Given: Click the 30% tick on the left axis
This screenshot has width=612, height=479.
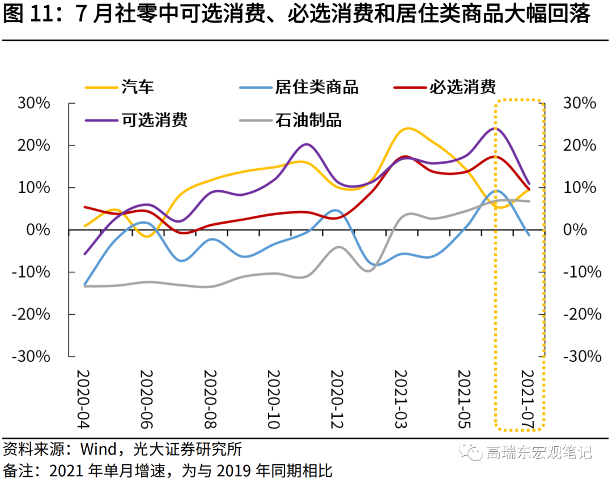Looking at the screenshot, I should click(35, 104).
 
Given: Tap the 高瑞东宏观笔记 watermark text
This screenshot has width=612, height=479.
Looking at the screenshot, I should click(538, 452).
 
